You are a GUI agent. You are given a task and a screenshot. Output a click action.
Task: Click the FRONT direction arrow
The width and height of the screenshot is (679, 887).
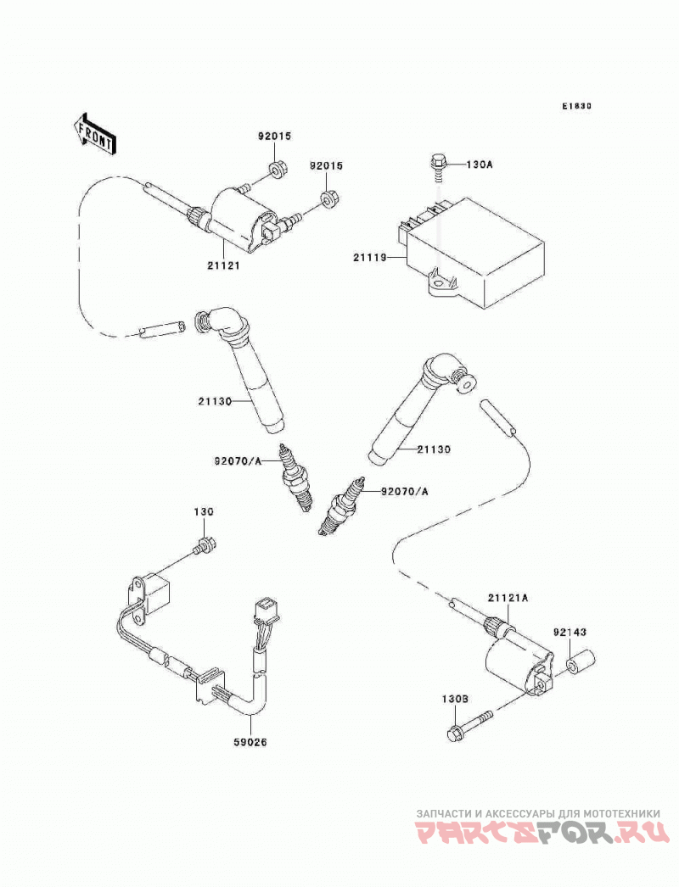pyautogui.click(x=95, y=135)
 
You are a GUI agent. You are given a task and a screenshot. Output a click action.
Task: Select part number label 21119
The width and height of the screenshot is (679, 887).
pyautogui.click(x=369, y=258)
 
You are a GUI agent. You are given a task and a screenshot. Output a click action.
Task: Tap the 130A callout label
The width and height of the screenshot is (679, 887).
pyautogui.click(x=480, y=165)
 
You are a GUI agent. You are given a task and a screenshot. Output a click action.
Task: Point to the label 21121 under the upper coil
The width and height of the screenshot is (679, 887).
pyautogui.click(x=223, y=265)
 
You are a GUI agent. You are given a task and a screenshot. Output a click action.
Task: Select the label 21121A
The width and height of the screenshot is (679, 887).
pyautogui.click(x=508, y=598)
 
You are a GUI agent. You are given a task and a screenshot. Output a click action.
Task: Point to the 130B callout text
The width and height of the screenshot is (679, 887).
pyautogui.click(x=455, y=700)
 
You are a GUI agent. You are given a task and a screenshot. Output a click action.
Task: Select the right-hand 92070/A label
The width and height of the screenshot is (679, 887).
pyautogui.click(x=404, y=492)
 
